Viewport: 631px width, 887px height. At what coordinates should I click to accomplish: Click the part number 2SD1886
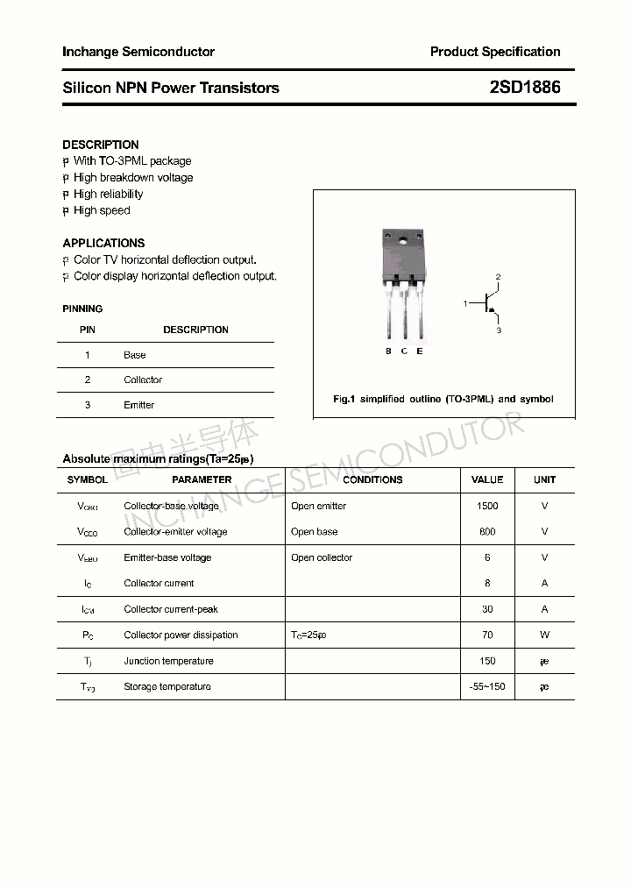525,88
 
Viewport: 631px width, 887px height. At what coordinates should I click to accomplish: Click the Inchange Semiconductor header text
138,52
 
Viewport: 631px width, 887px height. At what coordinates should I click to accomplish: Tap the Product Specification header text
494,52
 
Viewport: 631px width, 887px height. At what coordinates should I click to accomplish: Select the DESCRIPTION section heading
101,145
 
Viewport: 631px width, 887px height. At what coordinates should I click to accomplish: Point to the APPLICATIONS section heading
103,243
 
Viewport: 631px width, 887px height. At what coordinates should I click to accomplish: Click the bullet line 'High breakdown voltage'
133,177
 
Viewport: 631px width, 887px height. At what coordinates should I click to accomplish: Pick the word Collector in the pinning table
143,380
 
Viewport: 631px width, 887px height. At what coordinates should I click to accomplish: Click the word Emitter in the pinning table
138,405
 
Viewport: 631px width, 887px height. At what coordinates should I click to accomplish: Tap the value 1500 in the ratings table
487,506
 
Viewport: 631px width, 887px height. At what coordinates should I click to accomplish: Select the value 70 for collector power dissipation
487,635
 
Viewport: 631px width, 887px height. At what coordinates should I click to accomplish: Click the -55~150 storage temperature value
487,686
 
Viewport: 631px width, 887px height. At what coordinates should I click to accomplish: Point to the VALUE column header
487,479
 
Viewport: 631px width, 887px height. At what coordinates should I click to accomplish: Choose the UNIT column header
544,479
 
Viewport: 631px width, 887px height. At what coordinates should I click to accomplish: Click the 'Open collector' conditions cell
322,557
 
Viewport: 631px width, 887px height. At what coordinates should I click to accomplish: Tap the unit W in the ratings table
544,635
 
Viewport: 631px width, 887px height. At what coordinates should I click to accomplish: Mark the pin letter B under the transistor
388,351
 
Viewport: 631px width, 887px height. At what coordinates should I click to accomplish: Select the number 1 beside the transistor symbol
465,303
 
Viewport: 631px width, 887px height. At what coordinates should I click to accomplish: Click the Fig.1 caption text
443,399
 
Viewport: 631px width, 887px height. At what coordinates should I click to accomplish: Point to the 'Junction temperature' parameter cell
167,661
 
